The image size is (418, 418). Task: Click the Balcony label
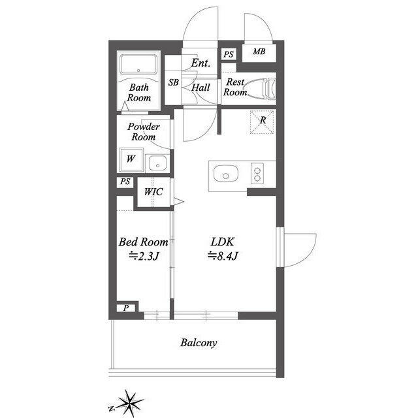[199, 342]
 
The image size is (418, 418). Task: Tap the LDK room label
[221, 242]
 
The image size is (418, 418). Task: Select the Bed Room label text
[143, 242]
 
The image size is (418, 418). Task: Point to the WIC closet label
[153, 191]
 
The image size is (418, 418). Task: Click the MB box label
[259, 52]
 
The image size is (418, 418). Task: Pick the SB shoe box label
[174, 83]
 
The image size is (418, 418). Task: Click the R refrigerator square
[262, 121]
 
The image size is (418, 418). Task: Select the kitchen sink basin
[225, 174]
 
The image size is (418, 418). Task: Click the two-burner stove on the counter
[257, 174]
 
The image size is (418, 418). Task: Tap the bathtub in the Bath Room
[138, 66]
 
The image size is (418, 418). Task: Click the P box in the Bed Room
[126, 308]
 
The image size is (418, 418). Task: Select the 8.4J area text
[222, 255]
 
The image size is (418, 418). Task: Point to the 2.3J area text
[143, 256]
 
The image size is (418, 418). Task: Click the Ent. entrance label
[200, 63]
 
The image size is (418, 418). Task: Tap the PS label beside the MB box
[229, 54]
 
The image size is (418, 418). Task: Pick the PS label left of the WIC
[125, 183]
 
